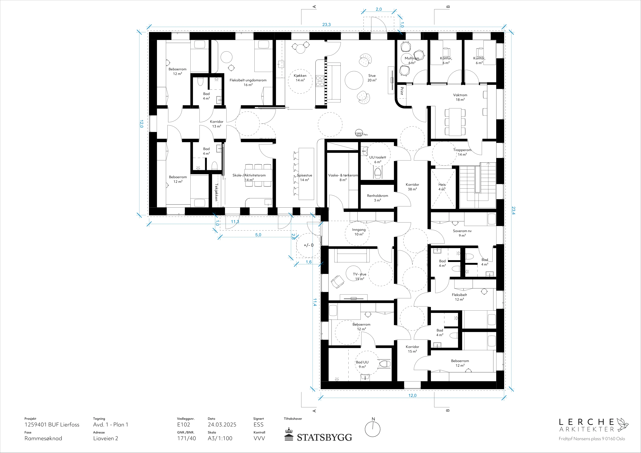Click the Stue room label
click(372, 76)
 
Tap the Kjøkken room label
click(300, 76)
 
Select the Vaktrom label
click(460, 95)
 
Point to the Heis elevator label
click(442, 185)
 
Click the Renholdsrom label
click(377, 196)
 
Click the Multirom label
click(412, 58)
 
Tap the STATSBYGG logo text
click(324, 437)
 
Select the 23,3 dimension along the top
click(326, 24)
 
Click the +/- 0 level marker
click(309, 245)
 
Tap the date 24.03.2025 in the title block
click(222, 424)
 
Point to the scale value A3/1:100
click(220, 438)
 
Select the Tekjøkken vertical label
click(216, 192)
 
